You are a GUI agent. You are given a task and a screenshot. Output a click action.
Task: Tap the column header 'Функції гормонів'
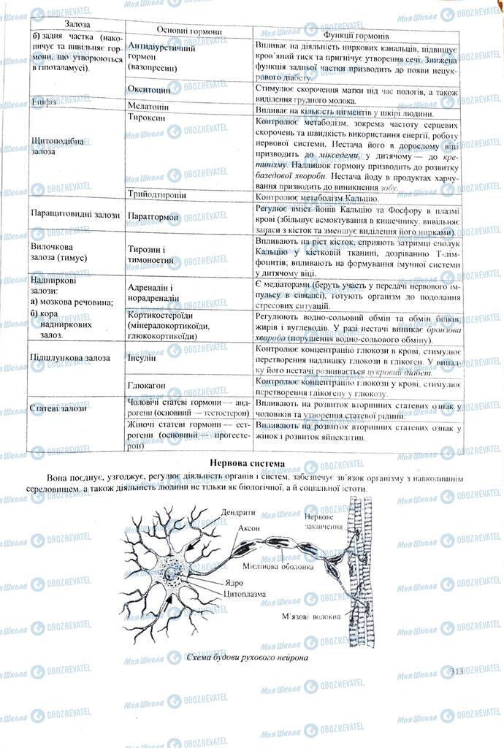point(356,34)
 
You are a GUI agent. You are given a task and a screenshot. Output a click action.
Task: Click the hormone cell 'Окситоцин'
point(149,91)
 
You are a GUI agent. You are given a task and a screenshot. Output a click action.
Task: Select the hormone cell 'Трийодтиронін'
point(156,196)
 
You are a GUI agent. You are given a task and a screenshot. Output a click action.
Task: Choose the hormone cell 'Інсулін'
point(144,358)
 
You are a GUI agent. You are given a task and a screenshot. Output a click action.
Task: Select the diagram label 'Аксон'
point(247,527)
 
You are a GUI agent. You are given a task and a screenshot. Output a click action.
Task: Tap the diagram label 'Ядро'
point(234,583)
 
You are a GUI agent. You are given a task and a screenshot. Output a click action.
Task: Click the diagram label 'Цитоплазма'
point(245,594)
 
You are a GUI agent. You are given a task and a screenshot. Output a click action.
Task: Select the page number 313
point(458,669)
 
